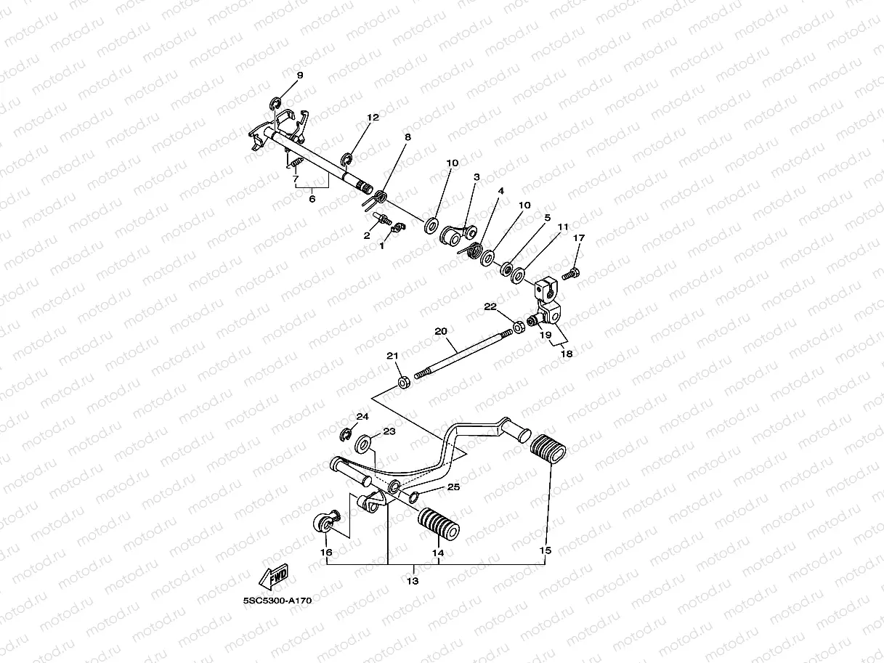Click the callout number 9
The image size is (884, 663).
299,76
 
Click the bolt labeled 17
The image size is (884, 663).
572,274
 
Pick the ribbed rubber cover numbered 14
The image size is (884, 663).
438,524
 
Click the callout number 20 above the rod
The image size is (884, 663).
440,330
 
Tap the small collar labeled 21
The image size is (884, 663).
402,381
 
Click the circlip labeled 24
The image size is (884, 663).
346,434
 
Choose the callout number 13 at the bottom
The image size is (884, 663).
412,581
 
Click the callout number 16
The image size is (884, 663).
327,553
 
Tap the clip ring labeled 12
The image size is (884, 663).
347,159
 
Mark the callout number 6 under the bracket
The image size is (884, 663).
312,198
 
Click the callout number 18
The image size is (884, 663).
567,354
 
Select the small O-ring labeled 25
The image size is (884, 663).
413,496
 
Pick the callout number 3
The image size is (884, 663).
477,176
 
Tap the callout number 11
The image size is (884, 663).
563,227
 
